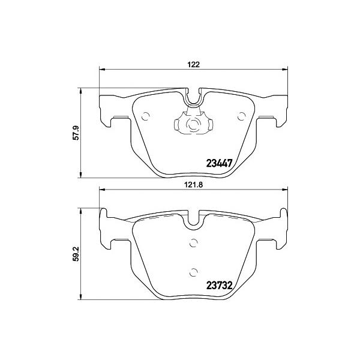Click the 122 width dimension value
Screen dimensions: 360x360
pos(193,65)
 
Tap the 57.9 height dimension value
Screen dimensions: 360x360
pos(76,133)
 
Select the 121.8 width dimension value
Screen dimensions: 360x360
pos(193,185)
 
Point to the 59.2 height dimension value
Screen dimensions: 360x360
pos(76,253)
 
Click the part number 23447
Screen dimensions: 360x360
pos(220,163)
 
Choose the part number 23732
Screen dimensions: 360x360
pos(220,286)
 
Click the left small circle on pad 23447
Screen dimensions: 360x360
pos(145,116)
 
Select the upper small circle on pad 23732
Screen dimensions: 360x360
pos(194,242)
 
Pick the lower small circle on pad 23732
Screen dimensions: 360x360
pos(194,272)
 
